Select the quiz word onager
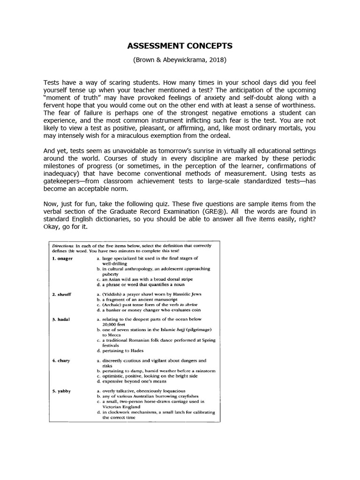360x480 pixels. coord(63,258)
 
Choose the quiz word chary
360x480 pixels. coord(61,360)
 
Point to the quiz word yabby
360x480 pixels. coord(62,390)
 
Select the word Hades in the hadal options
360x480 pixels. coord(134,351)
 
